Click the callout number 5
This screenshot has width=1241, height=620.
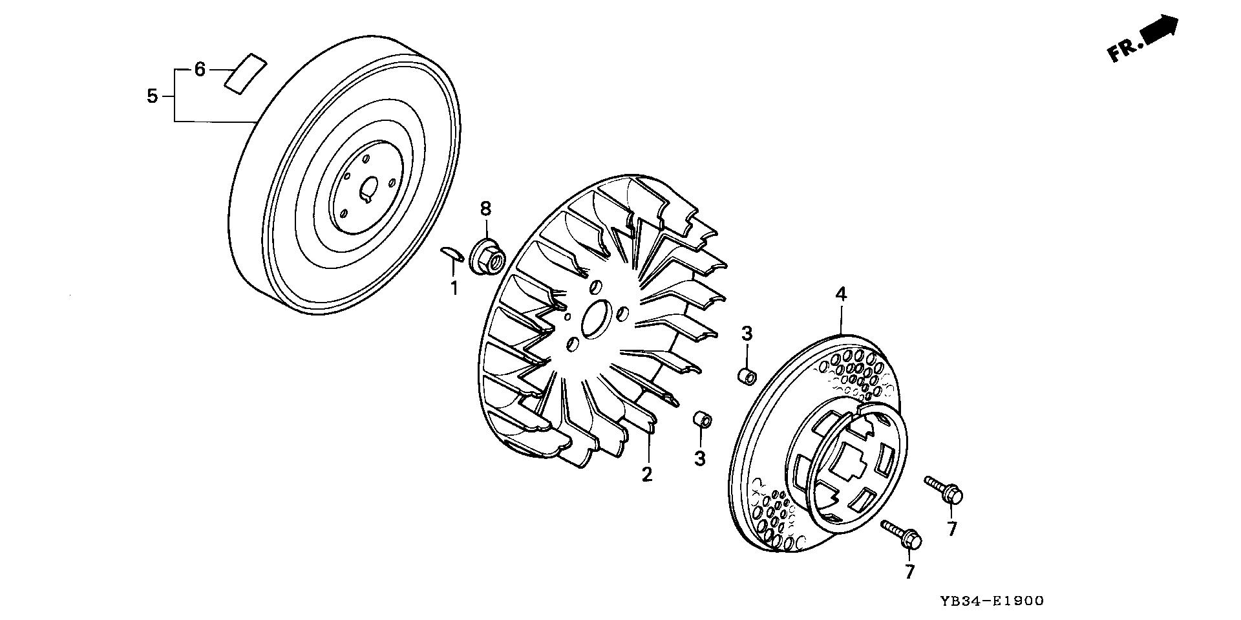152,96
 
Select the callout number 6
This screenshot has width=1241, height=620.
200,69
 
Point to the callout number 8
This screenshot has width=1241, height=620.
485,209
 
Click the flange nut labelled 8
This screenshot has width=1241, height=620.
487,257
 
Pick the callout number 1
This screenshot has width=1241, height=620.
454,288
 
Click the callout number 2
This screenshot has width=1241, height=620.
647,474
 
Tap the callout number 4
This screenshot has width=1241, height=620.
840,294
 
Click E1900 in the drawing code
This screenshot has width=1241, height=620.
1018,601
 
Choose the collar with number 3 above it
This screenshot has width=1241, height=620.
748,376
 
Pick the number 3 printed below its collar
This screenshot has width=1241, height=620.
700,458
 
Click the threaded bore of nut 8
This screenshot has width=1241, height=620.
496,263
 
